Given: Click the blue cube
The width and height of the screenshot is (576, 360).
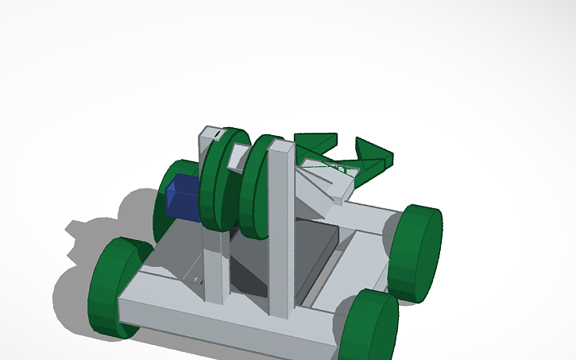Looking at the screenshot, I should click(x=184, y=199).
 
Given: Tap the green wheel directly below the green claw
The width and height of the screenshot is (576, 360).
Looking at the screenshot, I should click(x=416, y=253).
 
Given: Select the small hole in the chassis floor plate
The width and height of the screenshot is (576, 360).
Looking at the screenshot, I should click(x=197, y=280).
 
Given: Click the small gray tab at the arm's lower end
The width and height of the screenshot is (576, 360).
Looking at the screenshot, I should click(x=338, y=200).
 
